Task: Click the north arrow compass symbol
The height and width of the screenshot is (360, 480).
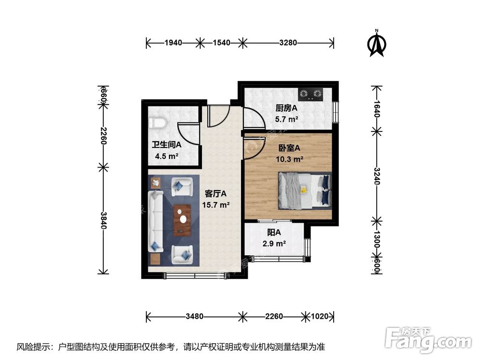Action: point(377,43)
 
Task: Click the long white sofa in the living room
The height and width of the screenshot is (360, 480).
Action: point(156,221)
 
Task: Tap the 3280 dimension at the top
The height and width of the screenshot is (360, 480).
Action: point(288,43)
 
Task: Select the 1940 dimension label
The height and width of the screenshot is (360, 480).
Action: point(173,43)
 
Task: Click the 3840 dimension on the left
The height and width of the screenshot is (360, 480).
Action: point(103,220)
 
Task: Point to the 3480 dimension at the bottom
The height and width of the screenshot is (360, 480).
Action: point(195,317)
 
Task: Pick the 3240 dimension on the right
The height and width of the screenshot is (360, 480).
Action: point(377,177)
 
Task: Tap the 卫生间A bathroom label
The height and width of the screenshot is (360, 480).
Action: point(166,144)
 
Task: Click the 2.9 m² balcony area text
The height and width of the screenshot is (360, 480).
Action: point(274,243)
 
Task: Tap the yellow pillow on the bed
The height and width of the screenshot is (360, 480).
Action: point(303,190)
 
